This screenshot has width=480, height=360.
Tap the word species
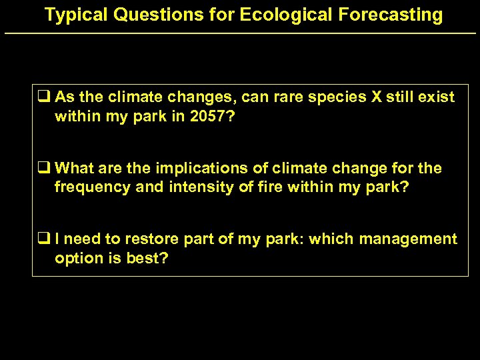click(x=337, y=97)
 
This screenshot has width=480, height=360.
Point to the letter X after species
click(x=376, y=97)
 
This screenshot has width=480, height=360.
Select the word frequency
click(x=92, y=187)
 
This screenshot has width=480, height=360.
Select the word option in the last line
click(x=76, y=258)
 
